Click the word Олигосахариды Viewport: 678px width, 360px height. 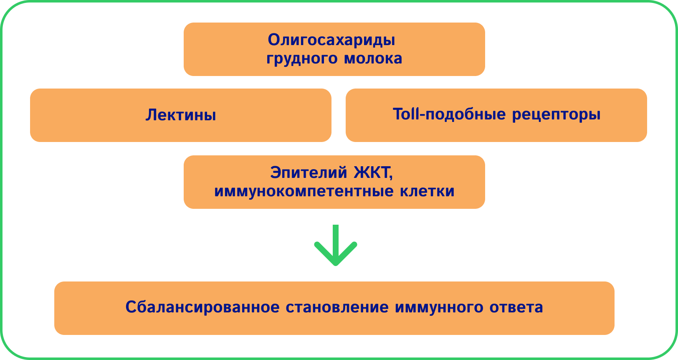331,40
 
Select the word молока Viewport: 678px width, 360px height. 373,58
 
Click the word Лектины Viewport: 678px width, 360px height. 181,115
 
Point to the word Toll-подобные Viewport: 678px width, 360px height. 449,114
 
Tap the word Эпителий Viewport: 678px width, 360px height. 309,172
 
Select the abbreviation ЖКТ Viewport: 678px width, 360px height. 373,172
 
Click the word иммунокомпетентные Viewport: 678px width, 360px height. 304,191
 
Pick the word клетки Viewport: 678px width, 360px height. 427,191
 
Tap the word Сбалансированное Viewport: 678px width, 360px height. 202,307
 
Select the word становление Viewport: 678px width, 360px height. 337,307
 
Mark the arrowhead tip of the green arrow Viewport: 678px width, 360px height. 336,264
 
